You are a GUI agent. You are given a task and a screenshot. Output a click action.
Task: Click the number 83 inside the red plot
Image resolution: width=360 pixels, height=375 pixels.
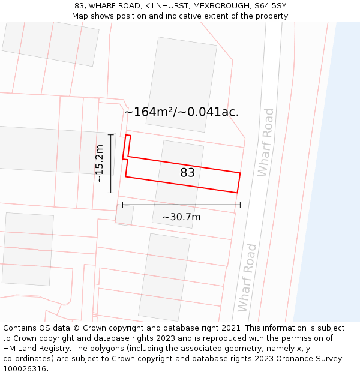(188, 173)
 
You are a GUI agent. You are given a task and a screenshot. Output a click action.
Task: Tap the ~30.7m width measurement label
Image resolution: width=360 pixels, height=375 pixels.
(181, 217)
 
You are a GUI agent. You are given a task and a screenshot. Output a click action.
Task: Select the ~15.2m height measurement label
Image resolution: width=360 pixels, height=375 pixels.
(100, 164)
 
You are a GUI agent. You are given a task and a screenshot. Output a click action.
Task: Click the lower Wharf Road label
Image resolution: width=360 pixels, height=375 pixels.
(247, 278)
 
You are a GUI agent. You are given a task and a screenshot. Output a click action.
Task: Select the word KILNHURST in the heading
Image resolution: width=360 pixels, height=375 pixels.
(164, 6)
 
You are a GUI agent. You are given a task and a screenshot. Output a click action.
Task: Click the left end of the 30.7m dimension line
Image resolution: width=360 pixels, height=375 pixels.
(122, 205)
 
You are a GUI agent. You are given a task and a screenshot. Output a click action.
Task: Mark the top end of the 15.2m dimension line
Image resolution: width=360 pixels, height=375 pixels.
(110, 135)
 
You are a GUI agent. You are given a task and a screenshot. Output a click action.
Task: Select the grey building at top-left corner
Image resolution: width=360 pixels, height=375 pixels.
(50, 42)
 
